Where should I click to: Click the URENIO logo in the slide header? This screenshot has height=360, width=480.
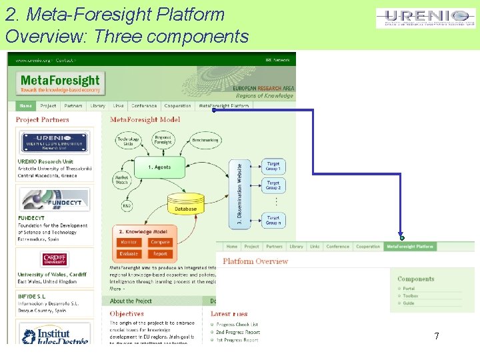point(425,18)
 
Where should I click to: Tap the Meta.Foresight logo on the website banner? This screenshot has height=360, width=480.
point(60,83)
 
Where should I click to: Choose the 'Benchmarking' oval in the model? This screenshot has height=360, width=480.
point(205,141)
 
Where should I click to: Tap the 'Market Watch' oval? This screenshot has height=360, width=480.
point(121,179)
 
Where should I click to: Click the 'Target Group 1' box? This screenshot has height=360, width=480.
point(273,166)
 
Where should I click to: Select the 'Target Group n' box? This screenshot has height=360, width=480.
point(273,220)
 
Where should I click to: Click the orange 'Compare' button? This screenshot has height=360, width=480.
point(160,242)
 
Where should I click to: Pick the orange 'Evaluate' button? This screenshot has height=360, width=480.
point(129,253)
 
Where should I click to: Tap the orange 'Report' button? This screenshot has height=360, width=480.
point(160,253)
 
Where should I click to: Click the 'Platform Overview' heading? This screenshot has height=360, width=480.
point(255,261)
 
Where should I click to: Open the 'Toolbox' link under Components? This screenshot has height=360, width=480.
point(411,296)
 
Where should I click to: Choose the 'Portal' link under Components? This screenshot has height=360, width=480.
point(409,289)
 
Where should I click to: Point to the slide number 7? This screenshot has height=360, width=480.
point(437,337)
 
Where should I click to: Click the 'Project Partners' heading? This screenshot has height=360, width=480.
point(43,120)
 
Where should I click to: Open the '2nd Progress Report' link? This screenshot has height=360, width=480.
point(237,332)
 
